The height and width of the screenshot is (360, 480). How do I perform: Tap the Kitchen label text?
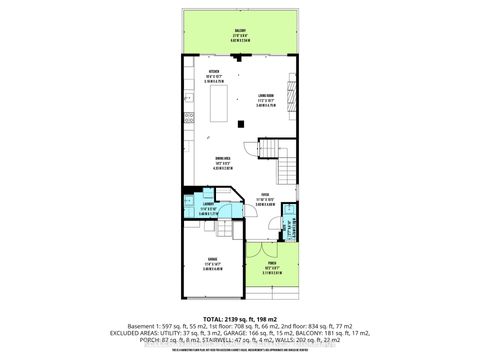point(213,73)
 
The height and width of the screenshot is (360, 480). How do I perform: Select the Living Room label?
point(265,97)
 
